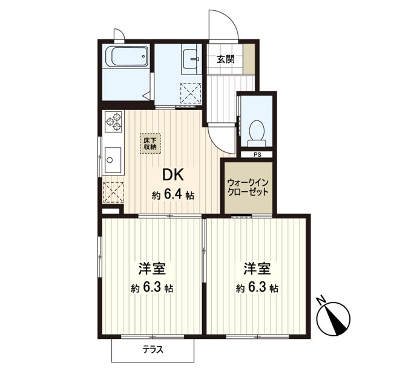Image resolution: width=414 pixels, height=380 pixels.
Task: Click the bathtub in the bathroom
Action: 127,57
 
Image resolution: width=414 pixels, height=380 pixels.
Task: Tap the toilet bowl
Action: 257,134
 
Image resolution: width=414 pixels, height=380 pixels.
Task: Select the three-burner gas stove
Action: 114,122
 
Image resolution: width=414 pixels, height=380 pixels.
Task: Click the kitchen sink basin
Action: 113,160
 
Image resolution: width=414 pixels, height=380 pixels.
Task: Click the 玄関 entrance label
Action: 226,59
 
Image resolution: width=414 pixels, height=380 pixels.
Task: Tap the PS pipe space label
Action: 257,155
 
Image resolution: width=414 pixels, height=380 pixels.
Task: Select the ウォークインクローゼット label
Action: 248,187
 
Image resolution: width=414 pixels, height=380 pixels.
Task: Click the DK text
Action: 173,175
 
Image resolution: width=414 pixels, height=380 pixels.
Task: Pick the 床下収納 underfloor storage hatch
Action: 150,144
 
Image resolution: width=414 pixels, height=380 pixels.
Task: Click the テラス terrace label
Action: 153,350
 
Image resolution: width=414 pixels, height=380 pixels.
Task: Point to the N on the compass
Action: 321,301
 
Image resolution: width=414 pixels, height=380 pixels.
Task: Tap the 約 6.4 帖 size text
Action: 173,195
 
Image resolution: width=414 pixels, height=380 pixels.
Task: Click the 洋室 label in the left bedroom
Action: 153,269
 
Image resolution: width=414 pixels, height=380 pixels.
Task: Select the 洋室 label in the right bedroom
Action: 257,269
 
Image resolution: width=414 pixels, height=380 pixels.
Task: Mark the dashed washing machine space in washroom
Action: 191,94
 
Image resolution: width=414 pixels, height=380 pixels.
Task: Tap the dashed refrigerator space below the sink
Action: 113,192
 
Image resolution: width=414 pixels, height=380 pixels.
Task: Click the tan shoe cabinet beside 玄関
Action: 249,59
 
